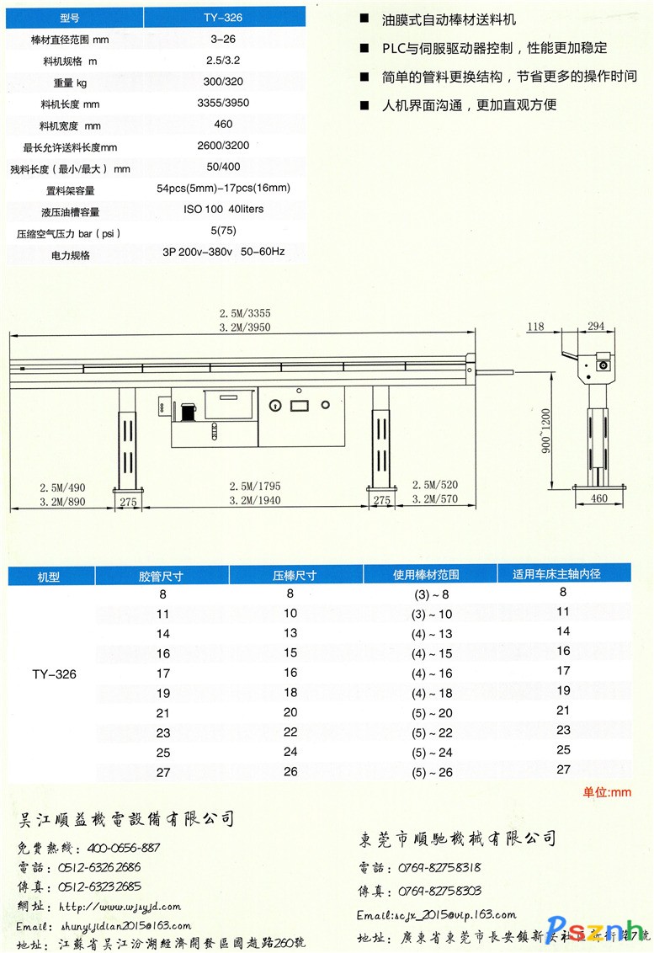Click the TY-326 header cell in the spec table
click(x=223, y=17)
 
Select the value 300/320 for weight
click(x=223, y=82)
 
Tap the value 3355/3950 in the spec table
click(x=223, y=103)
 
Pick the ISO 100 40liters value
click(x=223, y=208)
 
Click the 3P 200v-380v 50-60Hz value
click(x=223, y=251)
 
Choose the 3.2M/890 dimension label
click(x=63, y=500)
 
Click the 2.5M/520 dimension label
click(x=434, y=485)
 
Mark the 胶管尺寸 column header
click(x=161, y=576)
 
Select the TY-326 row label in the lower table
click(x=55, y=673)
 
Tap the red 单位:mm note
click(x=607, y=792)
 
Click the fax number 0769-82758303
click(x=438, y=891)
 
